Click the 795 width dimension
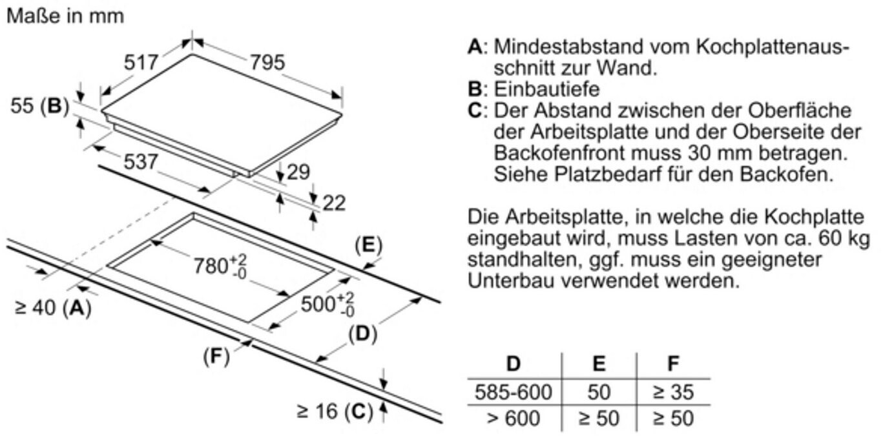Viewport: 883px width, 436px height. tap(267, 63)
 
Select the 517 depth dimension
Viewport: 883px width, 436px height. tap(141, 63)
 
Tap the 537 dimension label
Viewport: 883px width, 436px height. tap(140, 161)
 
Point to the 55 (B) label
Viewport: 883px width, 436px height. tap(39, 106)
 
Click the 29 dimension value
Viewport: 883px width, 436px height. tap(298, 172)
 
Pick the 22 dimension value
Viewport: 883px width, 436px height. tap(334, 203)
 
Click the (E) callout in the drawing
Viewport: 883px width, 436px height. tap(368, 245)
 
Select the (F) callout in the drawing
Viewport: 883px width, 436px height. tap(216, 356)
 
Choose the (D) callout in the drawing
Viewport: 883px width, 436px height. tap(362, 333)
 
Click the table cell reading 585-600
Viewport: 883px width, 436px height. tap(514, 391)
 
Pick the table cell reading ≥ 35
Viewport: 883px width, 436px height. tap(673, 391)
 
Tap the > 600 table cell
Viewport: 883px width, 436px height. tap(514, 418)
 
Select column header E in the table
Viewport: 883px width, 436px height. tap(599, 364)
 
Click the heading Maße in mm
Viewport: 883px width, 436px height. tap(65, 16)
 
